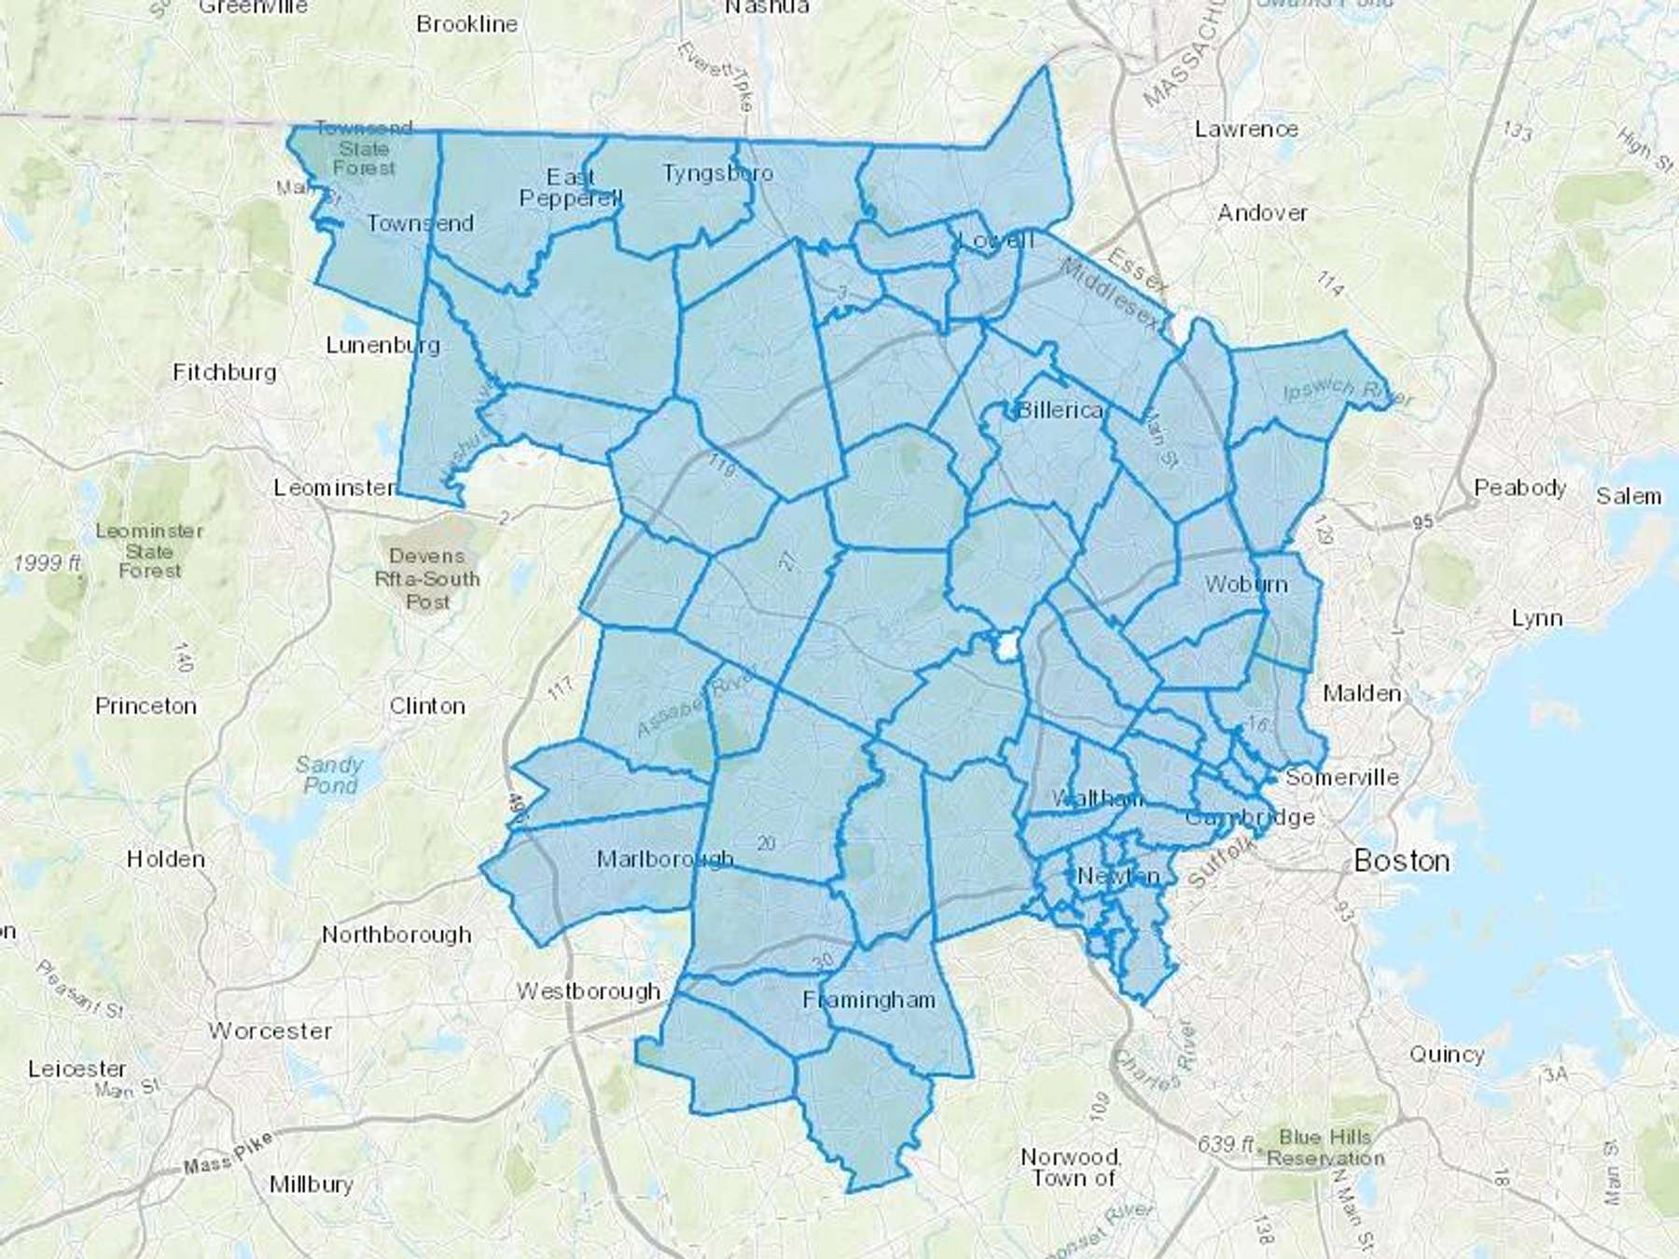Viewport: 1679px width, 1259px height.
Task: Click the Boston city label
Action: click(1401, 860)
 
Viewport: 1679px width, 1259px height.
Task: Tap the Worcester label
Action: click(271, 1031)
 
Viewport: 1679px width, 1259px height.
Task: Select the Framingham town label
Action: click(868, 1000)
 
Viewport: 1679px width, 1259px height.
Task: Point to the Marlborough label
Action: click(665, 858)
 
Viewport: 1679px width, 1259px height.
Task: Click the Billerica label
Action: click(1060, 410)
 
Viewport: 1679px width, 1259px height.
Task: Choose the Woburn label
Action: click(1245, 585)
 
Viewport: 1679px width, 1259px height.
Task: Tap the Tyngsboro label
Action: click(717, 173)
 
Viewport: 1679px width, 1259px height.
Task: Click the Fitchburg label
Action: click(225, 373)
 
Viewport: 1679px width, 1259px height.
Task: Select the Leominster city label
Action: click(334, 488)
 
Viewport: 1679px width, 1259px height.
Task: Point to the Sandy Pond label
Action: click(329, 775)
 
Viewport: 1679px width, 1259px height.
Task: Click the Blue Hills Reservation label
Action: click(1325, 1148)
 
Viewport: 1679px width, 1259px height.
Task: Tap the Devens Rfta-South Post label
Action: click(427, 579)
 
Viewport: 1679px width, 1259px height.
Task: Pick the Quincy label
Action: click(1446, 1054)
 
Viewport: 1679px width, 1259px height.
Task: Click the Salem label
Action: click(1628, 496)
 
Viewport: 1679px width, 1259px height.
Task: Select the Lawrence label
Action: click(1246, 129)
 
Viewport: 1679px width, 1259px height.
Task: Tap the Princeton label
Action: click(146, 706)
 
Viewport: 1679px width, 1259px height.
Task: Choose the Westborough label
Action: click(589, 990)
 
